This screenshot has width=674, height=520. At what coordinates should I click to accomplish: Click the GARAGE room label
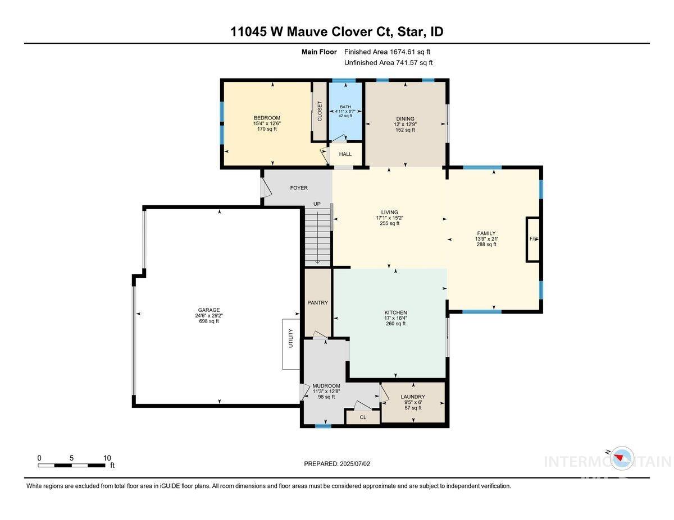[x=208, y=310]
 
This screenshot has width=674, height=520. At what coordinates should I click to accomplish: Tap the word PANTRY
[x=317, y=303]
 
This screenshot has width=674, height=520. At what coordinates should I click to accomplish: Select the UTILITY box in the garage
[x=291, y=344]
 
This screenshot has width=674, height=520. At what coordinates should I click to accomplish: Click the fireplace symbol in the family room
[x=533, y=239]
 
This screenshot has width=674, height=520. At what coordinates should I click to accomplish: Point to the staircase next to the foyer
[x=318, y=236]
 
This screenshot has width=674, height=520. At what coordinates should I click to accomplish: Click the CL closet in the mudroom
[x=363, y=417]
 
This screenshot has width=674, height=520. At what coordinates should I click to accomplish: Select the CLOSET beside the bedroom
[x=320, y=112]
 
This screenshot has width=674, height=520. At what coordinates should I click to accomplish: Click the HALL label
[x=345, y=154]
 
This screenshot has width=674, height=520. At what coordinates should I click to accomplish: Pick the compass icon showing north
[x=621, y=458]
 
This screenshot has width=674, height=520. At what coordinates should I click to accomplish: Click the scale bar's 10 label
[x=107, y=458]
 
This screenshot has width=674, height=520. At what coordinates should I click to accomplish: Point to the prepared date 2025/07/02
[x=338, y=464]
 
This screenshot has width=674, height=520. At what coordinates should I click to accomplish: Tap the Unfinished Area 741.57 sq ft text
[x=389, y=63]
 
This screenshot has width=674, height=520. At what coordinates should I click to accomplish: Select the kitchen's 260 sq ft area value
[x=395, y=324]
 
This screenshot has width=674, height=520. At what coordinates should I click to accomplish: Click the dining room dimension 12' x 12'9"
[x=405, y=125]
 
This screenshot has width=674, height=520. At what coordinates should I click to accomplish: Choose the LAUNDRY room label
[x=413, y=397]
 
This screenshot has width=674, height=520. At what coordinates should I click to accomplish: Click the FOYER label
[x=298, y=188]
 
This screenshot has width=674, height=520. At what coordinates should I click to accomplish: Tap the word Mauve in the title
[x=309, y=32]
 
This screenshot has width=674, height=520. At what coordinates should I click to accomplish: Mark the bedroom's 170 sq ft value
[x=267, y=129]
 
